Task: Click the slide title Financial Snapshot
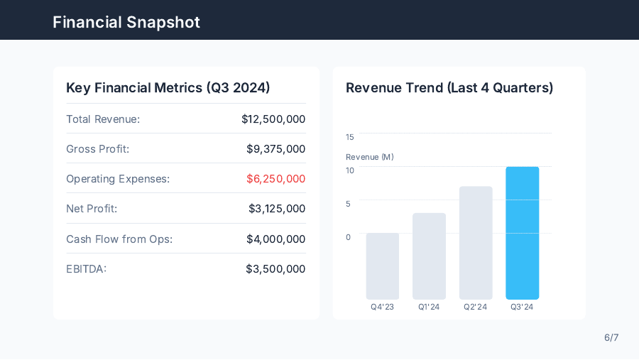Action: pos(126,22)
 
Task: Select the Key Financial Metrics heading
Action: pos(168,87)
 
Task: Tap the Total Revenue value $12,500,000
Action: pos(273,119)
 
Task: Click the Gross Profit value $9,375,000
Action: pos(275,149)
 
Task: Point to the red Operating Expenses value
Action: pos(275,179)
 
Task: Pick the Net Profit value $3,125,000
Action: pos(277,209)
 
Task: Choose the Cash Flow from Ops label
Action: pos(119,239)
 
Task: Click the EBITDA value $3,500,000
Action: pos(275,269)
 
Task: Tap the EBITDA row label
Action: pos(86,269)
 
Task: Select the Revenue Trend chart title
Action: pos(449,87)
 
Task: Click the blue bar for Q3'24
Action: pos(522,233)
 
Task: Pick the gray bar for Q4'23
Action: pos(383,266)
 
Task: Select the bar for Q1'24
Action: pos(429,256)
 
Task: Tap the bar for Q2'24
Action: pos(476,243)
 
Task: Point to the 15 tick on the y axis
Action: pos(350,137)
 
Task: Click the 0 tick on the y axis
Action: pos(349,237)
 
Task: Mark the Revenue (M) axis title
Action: pos(369,157)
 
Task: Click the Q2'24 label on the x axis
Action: pos(476,307)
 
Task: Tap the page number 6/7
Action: pos(611,337)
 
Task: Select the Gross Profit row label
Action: pos(98,149)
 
